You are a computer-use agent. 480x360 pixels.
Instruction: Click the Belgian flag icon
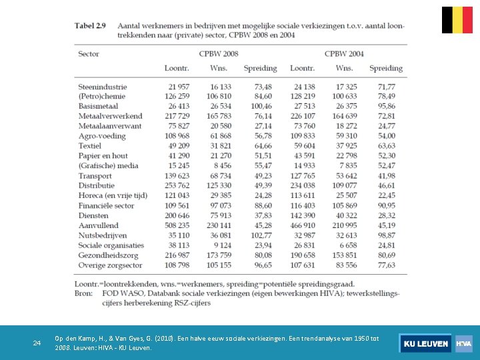pos(457,20)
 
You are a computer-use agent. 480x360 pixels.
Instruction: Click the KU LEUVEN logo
pos(425,343)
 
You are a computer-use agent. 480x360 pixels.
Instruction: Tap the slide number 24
pos(37,343)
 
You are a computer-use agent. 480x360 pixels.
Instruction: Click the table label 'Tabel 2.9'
pos(90,25)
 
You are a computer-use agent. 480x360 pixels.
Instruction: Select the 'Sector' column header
pos(89,53)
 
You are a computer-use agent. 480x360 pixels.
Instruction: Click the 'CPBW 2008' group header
pos(218,53)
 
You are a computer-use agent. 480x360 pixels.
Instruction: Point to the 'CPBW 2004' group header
pos(344,53)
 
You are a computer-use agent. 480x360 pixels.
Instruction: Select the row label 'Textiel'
pos(89,146)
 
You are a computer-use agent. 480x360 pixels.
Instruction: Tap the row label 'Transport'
pos(95,176)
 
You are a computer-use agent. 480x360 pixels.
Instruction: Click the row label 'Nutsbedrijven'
pos(103,235)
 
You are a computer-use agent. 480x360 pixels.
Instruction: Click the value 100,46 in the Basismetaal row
pos(261,106)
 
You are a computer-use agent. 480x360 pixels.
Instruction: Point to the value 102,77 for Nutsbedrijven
pos(261,235)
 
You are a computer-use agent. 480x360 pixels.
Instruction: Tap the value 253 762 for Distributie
pos(176,186)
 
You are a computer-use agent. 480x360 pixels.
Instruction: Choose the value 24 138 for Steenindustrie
pos(302,87)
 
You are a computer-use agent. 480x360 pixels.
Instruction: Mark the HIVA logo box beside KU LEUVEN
pos(464,343)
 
